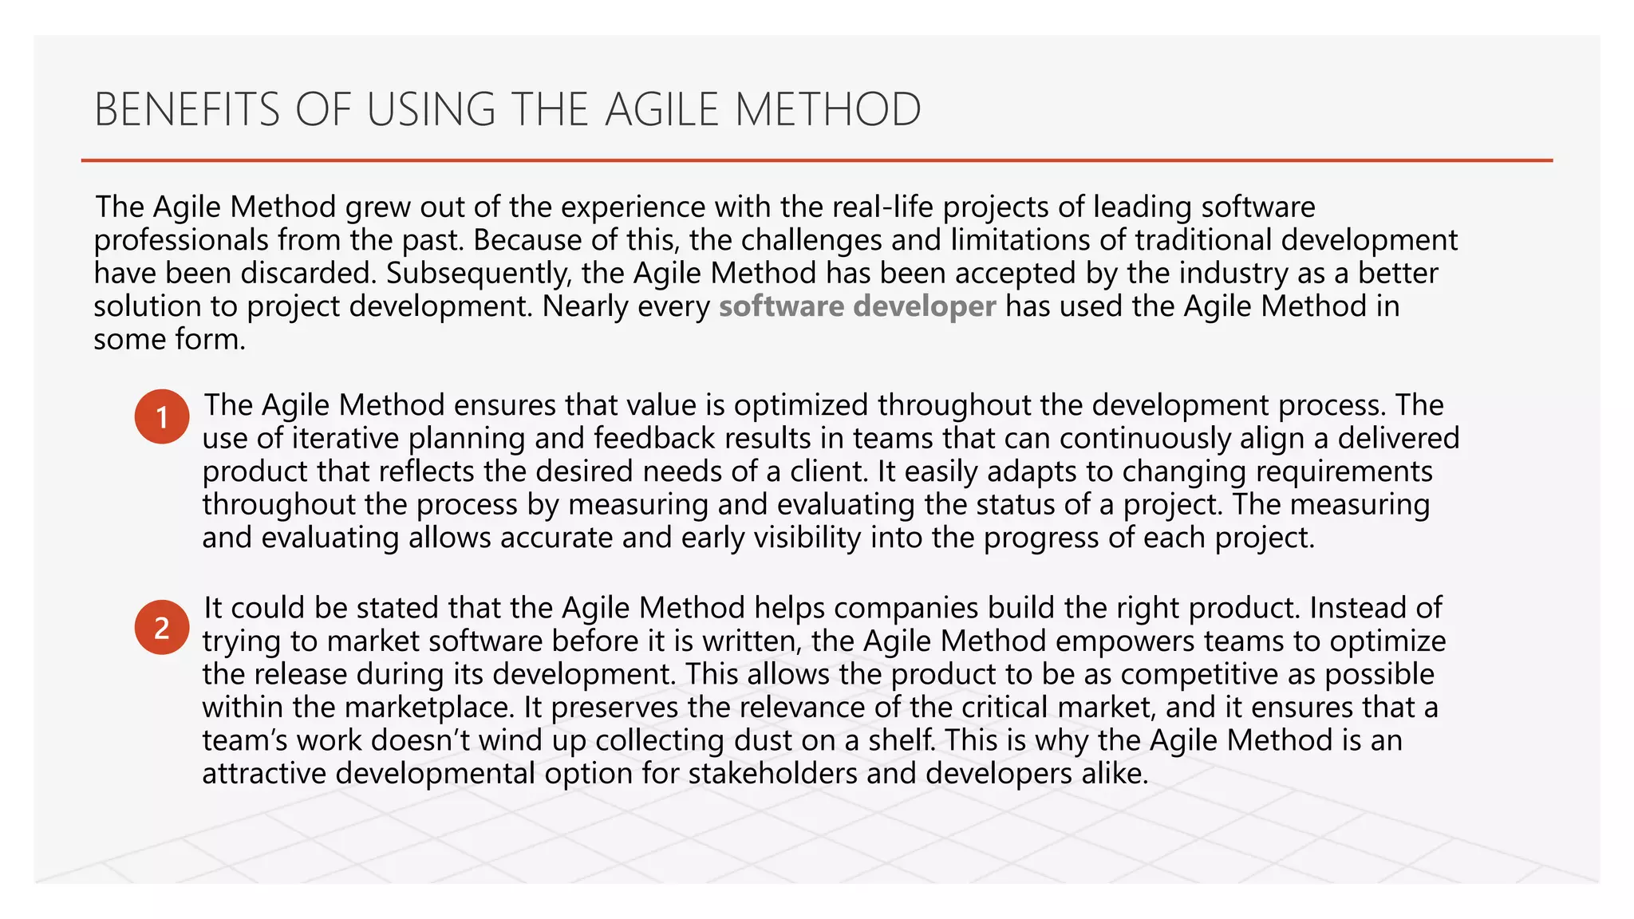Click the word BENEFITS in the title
pyautogui.click(x=187, y=110)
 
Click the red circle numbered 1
pyautogui.click(x=162, y=416)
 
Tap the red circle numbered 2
pyautogui.click(x=162, y=628)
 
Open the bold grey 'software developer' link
pyautogui.click(x=857, y=306)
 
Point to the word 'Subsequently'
pyautogui.click(x=479, y=274)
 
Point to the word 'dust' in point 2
pyautogui.click(x=769, y=741)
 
